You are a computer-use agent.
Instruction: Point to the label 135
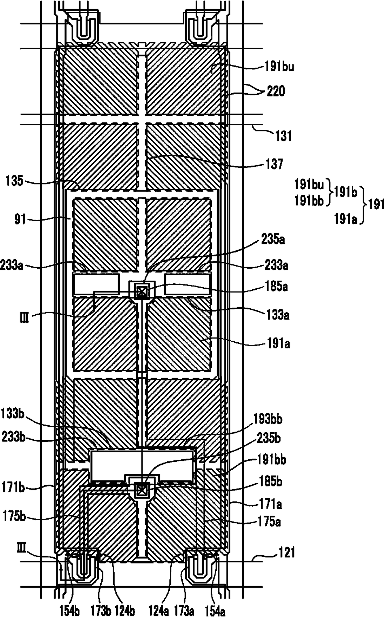point(14,181)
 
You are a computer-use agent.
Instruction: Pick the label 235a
point(273,240)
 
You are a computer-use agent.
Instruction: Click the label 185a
point(277,286)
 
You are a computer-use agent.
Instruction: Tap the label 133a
point(278,315)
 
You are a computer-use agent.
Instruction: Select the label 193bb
point(268,419)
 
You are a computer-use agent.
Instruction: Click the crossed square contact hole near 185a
point(141,291)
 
